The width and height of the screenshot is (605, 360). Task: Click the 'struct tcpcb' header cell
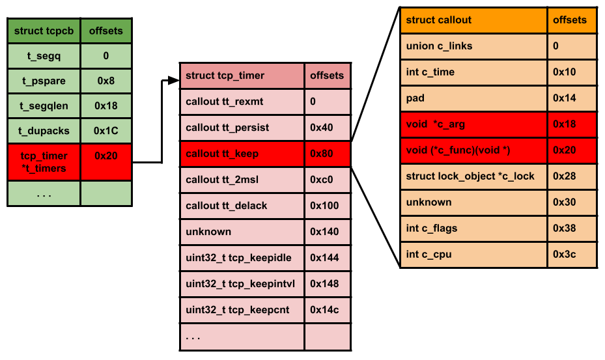44,31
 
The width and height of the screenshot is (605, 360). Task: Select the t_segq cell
44,56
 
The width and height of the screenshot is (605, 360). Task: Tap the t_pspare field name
44,81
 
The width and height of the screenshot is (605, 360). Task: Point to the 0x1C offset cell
106,131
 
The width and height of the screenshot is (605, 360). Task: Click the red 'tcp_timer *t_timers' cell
44,162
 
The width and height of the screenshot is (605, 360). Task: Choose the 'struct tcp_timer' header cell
242,76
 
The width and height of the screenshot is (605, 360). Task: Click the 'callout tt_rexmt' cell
242,102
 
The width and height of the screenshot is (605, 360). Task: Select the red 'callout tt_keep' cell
242,154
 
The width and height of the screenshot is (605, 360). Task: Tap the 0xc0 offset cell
327,180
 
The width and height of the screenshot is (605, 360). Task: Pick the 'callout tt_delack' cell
242,206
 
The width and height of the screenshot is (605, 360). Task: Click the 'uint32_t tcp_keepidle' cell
242,258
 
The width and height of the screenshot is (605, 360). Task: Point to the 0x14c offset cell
327,310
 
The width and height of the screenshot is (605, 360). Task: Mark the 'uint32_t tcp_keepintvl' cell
242,284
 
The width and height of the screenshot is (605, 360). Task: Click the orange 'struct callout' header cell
474,20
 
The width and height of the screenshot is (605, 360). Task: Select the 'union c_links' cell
474,46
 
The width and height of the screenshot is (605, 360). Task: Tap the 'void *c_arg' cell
474,124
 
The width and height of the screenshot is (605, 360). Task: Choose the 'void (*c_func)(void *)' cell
474,150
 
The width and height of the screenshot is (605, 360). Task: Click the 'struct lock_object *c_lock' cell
474,176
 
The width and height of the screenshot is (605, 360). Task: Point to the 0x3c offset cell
571,255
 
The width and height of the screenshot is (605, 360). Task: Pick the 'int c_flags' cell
474,228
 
